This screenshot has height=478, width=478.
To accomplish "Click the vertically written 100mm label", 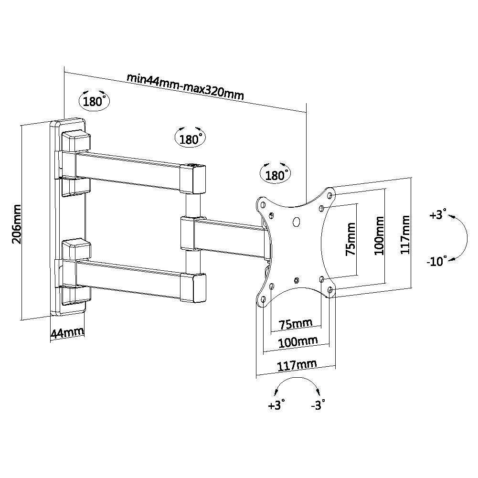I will point(379,235).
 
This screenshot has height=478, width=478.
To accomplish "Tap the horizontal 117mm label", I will point(297,365).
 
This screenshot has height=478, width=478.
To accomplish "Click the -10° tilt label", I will point(436,261).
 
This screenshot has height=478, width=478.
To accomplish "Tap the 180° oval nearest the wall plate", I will point(93,101).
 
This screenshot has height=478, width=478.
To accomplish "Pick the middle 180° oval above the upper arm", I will point(190,139).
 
